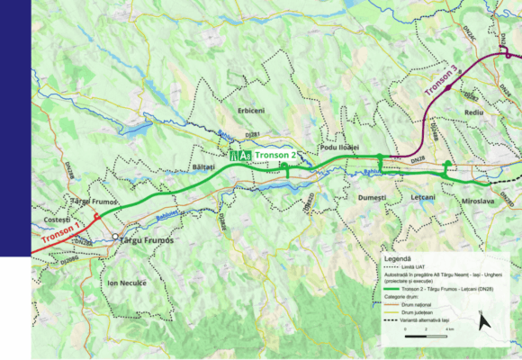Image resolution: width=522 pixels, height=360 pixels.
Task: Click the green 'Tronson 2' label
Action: (x=276, y=156)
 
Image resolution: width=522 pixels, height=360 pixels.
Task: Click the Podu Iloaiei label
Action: (x=338, y=146)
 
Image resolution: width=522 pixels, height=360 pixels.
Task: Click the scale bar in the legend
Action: (x=420, y=331)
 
